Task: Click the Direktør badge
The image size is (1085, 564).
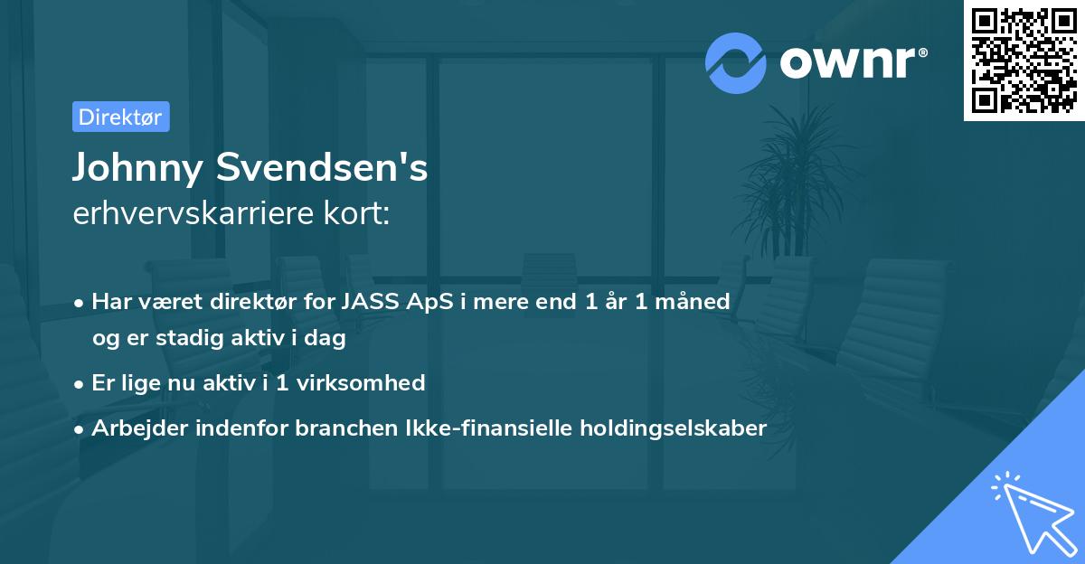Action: (x=120, y=117)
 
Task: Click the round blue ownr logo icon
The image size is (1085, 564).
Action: (x=735, y=62)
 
